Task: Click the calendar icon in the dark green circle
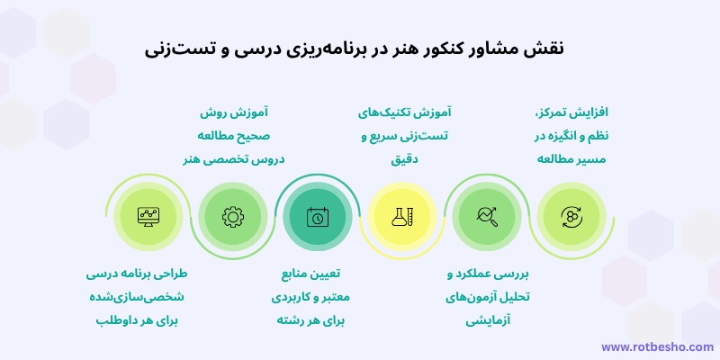click(x=317, y=216)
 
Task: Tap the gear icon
click(x=232, y=216)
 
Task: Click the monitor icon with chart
click(x=148, y=216)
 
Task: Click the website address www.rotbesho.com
click(x=657, y=346)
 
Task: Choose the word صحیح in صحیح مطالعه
click(x=256, y=136)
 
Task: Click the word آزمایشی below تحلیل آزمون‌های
click(x=489, y=319)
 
